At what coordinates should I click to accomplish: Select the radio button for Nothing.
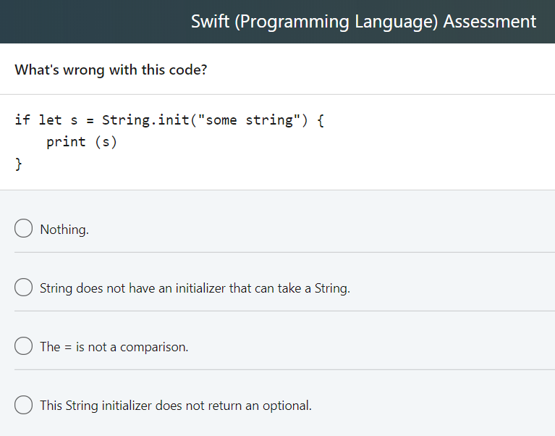point(23,228)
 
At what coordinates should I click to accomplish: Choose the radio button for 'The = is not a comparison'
point(23,345)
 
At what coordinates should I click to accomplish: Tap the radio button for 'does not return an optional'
point(23,404)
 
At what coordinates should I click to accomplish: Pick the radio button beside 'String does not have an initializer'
point(23,287)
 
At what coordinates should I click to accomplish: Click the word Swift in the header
point(211,21)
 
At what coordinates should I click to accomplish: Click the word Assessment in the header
point(490,21)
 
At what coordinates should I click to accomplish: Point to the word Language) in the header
point(397,22)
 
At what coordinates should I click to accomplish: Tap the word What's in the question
point(37,70)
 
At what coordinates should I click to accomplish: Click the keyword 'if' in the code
point(22,120)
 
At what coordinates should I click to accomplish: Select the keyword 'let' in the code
point(50,120)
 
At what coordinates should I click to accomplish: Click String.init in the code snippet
point(146,120)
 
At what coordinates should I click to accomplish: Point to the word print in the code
point(66,143)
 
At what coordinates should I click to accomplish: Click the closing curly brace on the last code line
point(18,164)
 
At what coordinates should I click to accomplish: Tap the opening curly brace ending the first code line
point(321,120)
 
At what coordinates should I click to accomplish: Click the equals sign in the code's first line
point(90,121)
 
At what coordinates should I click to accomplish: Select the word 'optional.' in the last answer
point(287,406)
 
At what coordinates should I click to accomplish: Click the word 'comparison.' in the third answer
point(154,348)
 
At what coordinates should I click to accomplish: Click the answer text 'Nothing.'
point(64,230)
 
